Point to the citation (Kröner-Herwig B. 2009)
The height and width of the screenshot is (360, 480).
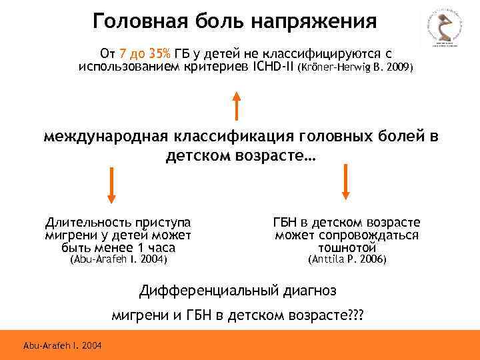click(356, 68)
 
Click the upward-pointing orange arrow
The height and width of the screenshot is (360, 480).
click(236, 105)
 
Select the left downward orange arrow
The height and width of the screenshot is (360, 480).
click(111, 184)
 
